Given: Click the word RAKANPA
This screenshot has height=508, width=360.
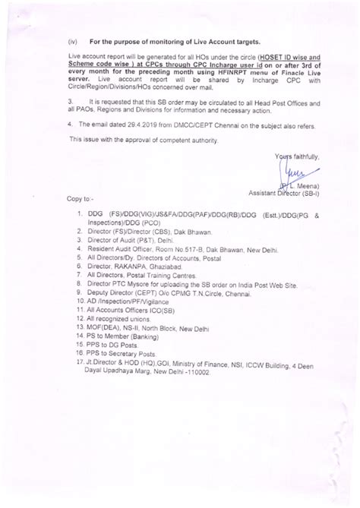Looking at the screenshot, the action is tap(126, 267).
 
